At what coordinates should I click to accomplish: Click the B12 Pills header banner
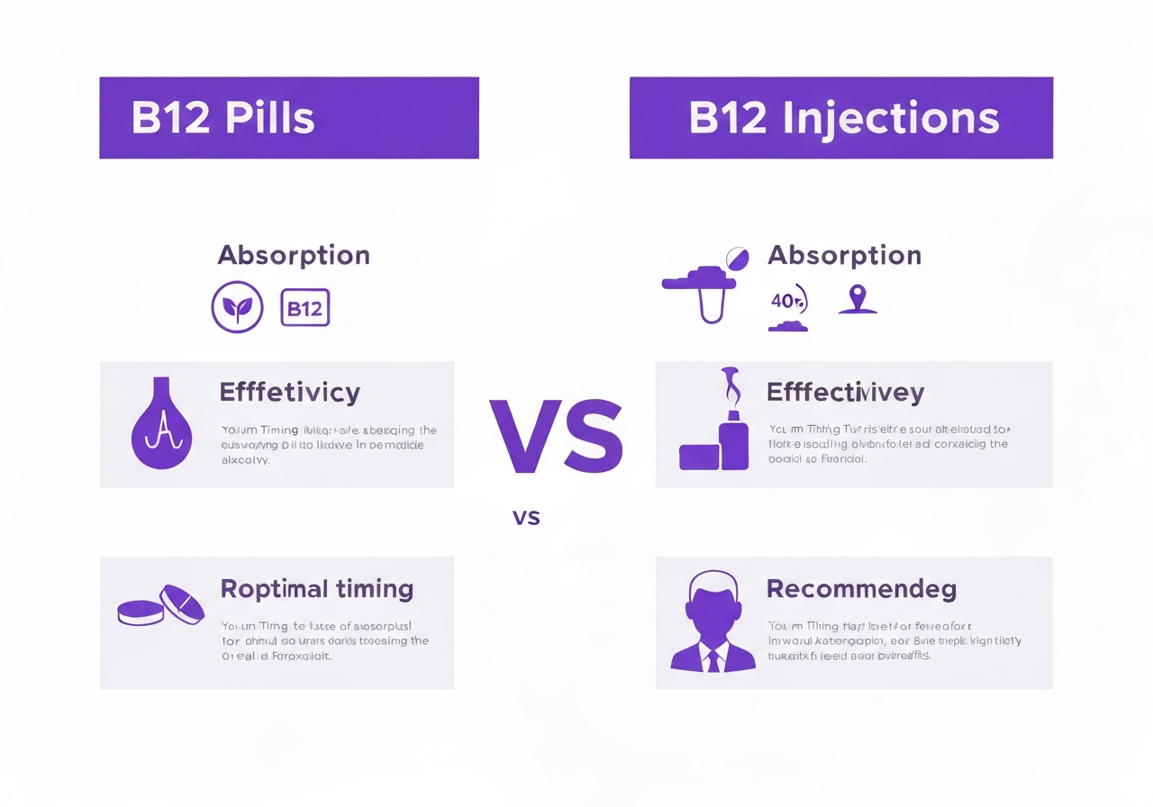pyautogui.click(x=288, y=118)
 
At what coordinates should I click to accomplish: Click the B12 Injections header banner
pyautogui.click(x=840, y=118)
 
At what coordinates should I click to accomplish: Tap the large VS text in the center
pyautogui.click(x=556, y=438)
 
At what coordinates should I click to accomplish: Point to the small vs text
pyautogui.click(x=526, y=517)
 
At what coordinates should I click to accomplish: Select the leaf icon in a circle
pyautogui.click(x=237, y=307)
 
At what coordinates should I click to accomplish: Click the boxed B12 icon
pyautogui.click(x=305, y=308)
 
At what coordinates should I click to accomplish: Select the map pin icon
pyautogui.click(x=857, y=300)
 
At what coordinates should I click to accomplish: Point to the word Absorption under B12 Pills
pyautogui.click(x=294, y=255)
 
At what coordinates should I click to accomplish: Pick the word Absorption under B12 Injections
pyautogui.click(x=844, y=255)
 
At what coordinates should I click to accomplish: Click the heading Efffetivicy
pyautogui.click(x=289, y=393)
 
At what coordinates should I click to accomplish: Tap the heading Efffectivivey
pyautogui.click(x=845, y=393)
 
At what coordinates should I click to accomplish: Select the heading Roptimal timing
pyautogui.click(x=317, y=589)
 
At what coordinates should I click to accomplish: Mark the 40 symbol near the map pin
pyautogui.click(x=787, y=301)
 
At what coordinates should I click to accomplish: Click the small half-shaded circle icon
pyautogui.click(x=737, y=258)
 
